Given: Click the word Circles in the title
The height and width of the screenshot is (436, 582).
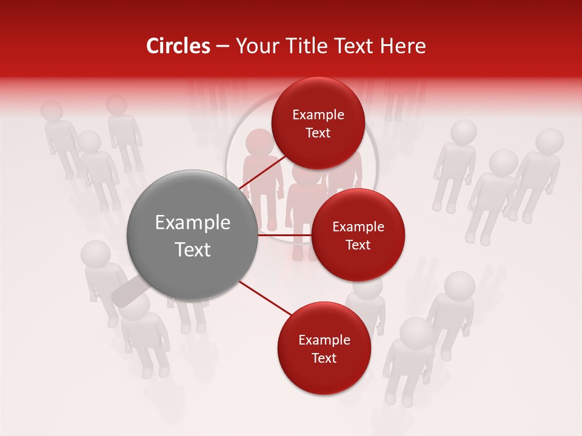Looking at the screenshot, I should (178, 46).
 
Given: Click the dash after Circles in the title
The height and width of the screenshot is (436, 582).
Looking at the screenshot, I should (222, 47).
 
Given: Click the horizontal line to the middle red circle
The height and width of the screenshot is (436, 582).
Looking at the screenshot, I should (285, 235).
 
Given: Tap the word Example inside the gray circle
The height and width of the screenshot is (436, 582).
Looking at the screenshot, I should (193, 222).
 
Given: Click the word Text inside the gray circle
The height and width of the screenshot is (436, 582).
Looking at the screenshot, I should (193, 249).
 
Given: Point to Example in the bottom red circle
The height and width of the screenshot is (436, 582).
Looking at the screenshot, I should (324, 340).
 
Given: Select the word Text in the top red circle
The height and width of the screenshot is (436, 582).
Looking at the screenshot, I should (318, 133).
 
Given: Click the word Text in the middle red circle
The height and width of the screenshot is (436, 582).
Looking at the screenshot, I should (358, 245).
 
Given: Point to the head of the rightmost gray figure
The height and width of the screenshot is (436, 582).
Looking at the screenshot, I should (550, 140).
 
